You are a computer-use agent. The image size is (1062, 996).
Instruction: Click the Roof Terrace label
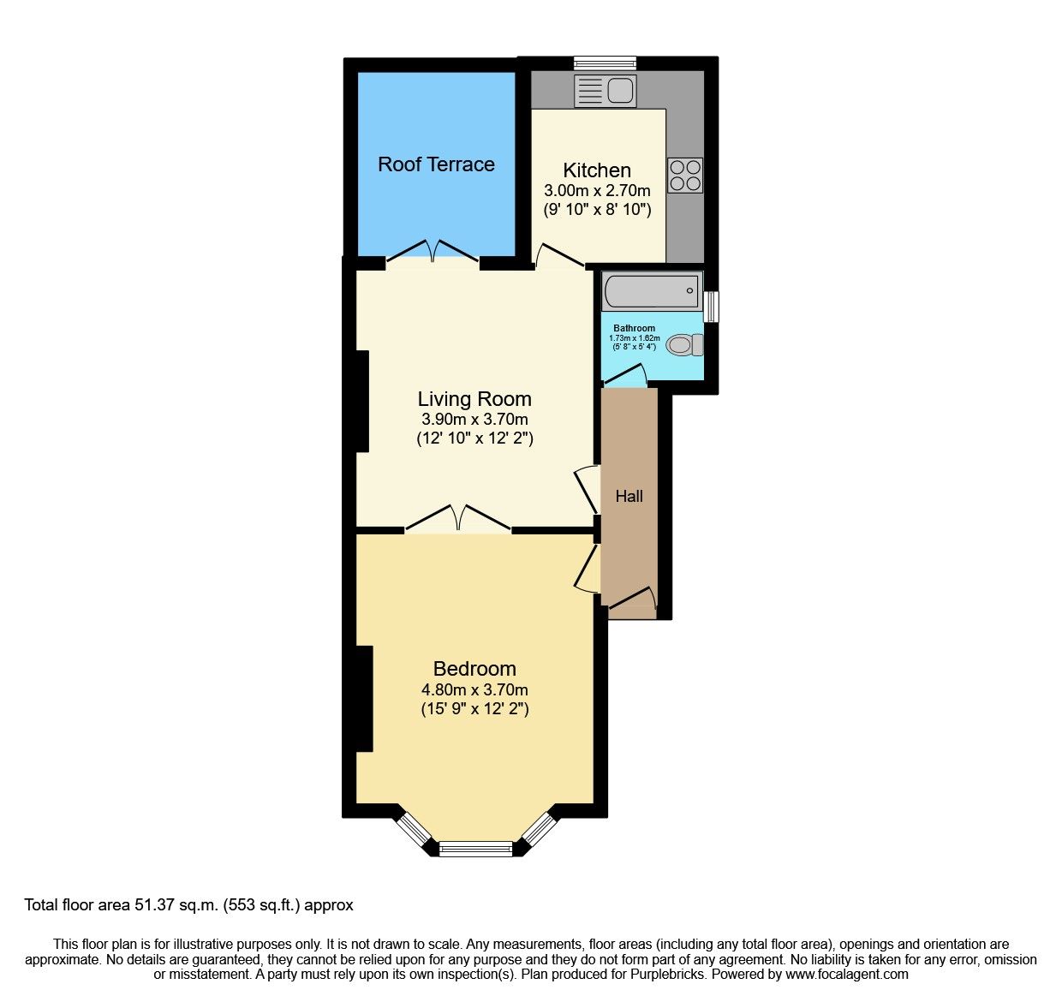point(436,164)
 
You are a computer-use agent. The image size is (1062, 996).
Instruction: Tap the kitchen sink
point(606,91)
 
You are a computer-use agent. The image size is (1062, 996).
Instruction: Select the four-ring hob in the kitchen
point(685,176)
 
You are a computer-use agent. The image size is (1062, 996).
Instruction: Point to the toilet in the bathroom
point(683,345)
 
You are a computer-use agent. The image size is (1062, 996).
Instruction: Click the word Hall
point(629,496)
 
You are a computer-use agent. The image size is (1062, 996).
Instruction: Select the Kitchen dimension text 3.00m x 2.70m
point(597,191)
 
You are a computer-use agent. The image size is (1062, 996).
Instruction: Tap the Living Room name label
point(474,399)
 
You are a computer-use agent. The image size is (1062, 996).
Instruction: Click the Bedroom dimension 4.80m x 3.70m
point(474,689)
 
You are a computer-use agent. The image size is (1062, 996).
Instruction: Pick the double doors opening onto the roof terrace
point(433,251)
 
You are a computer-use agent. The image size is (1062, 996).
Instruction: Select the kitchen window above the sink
point(605,63)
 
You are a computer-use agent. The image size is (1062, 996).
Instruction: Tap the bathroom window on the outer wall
point(711,307)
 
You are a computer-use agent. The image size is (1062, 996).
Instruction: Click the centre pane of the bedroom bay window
point(475,849)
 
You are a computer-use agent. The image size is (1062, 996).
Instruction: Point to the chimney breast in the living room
point(361,401)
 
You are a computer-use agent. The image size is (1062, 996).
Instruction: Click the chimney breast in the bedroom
point(364,699)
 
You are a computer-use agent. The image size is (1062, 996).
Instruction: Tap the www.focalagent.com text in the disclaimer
point(847,974)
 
